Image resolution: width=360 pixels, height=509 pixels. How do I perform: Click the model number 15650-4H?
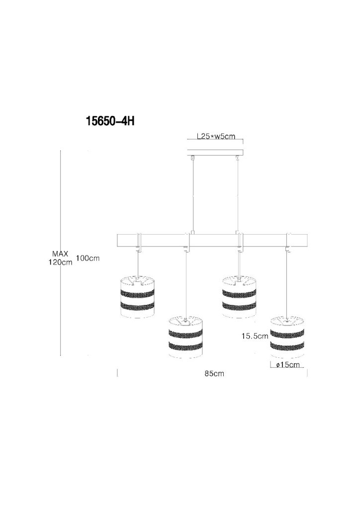point(110,121)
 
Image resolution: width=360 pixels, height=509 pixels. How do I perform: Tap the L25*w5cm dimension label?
point(216,136)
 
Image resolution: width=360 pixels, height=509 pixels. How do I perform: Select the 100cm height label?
point(88,258)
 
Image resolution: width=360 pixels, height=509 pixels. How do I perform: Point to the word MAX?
point(60,254)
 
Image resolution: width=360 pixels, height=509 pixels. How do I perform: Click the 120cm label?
point(60,262)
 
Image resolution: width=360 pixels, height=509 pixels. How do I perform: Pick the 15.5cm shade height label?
point(255,336)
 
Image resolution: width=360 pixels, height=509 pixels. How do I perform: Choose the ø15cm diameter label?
point(288,364)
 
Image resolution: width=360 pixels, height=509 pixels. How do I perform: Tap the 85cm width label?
point(214,373)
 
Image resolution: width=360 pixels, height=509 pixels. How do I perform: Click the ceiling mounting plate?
point(215,152)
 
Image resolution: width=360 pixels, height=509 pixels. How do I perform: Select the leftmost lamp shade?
point(137,297)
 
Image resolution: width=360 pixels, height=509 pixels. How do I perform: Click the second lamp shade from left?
point(185,338)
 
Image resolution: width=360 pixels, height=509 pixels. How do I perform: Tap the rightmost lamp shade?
point(287,337)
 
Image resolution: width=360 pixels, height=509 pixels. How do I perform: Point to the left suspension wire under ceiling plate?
point(193,195)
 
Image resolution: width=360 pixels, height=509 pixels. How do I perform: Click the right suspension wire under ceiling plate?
point(238,195)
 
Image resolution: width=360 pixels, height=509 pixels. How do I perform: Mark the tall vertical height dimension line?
point(61,253)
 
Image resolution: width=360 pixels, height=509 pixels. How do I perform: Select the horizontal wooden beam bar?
point(212,240)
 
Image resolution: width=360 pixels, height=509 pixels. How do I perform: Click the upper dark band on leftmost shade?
point(137,294)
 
